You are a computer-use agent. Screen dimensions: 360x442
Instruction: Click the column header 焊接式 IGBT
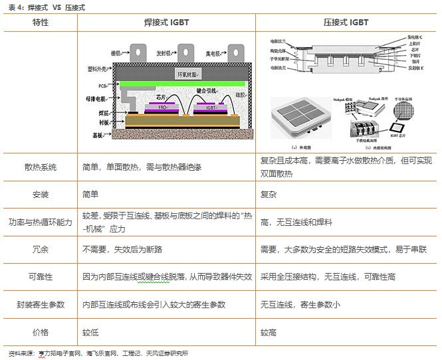coord(166,23)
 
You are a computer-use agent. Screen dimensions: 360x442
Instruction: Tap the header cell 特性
coord(41,23)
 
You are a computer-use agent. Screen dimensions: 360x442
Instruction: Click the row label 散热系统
coord(41,167)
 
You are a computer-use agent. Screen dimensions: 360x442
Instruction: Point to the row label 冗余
coord(41,250)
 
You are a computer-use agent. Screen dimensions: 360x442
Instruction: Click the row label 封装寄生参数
coord(41,304)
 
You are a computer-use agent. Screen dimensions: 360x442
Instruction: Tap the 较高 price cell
coord(270,331)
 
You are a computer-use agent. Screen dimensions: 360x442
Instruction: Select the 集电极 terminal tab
coord(234,51)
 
